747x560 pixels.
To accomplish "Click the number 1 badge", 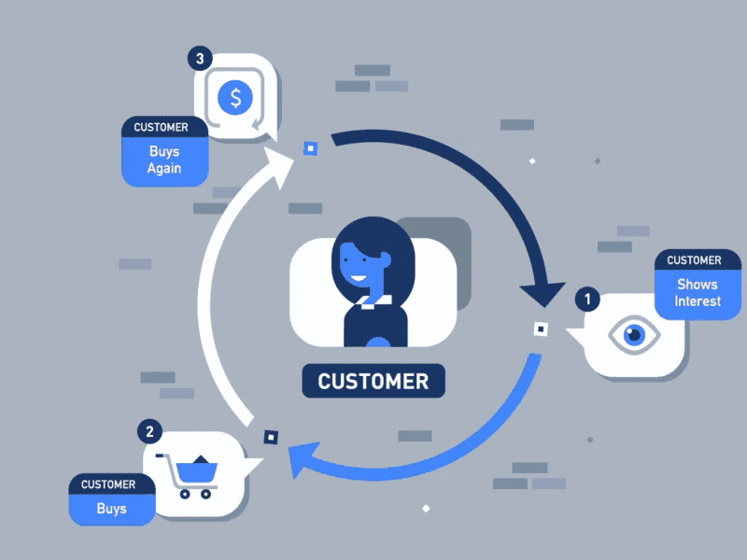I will coord(586,300).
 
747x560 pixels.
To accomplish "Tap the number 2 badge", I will coord(150,430).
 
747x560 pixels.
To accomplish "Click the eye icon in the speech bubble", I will coord(634,334).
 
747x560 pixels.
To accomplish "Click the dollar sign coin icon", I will coord(235,96).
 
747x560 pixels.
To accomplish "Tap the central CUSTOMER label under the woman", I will coord(373,381).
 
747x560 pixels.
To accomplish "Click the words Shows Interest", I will coord(698,292).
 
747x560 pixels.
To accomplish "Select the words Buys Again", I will coord(163,161).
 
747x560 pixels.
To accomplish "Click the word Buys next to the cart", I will coord(111,510).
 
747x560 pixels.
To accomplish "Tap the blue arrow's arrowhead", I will coord(300,459).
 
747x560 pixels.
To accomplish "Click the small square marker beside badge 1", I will coord(540,329).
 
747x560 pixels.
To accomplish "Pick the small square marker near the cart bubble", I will coord(271,436).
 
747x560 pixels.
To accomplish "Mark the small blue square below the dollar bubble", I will coord(310,147).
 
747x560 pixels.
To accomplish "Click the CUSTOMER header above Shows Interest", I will coord(694,260).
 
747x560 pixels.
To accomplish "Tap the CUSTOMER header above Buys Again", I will coord(161,127).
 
